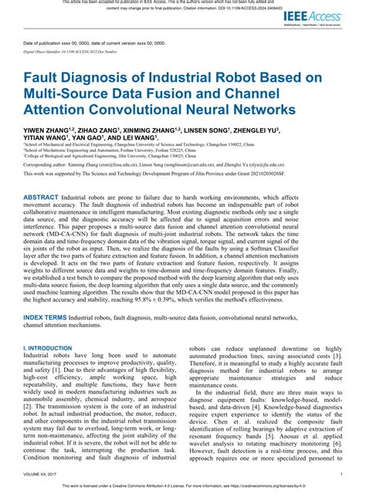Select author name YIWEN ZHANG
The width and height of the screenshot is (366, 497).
click(49, 131)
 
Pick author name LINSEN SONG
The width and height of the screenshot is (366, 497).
click(210, 131)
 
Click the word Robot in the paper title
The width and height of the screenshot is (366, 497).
click(217, 77)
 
